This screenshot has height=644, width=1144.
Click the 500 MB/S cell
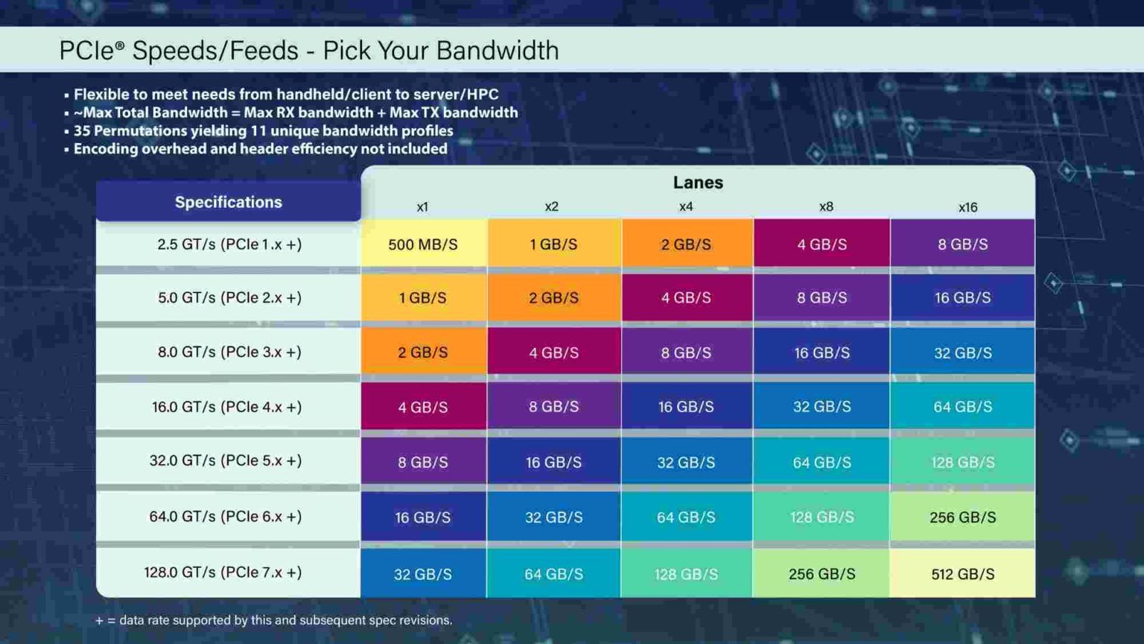coord(423,244)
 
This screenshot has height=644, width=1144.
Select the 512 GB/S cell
coord(962,574)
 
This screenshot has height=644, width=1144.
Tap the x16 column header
coord(967,207)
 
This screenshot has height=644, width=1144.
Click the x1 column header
coord(422,207)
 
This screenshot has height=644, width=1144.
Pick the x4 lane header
coord(686,207)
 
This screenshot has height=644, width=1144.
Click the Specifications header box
coord(228,202)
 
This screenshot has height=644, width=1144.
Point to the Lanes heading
coord(698,183)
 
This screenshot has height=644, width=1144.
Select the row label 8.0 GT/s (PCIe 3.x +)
coord(229,352)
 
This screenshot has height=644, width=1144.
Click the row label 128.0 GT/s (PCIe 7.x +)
coord(223,572)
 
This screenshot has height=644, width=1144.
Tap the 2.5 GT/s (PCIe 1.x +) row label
coord(229,244)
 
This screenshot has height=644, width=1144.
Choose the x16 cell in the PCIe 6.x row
coord(962,517)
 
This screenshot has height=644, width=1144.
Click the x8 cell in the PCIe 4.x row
coord(822,407)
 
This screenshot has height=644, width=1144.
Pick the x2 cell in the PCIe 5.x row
coord(553,462)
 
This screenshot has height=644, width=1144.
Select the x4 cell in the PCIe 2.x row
coord(686,297)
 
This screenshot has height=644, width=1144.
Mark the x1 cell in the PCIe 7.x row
coord(422,574)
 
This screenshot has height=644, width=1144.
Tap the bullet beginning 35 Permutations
coord(262,130)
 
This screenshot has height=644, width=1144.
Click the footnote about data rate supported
coord(273,620)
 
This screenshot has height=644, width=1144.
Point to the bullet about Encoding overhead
coord(259,148)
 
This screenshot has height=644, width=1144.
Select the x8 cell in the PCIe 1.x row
coord(822,244)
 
